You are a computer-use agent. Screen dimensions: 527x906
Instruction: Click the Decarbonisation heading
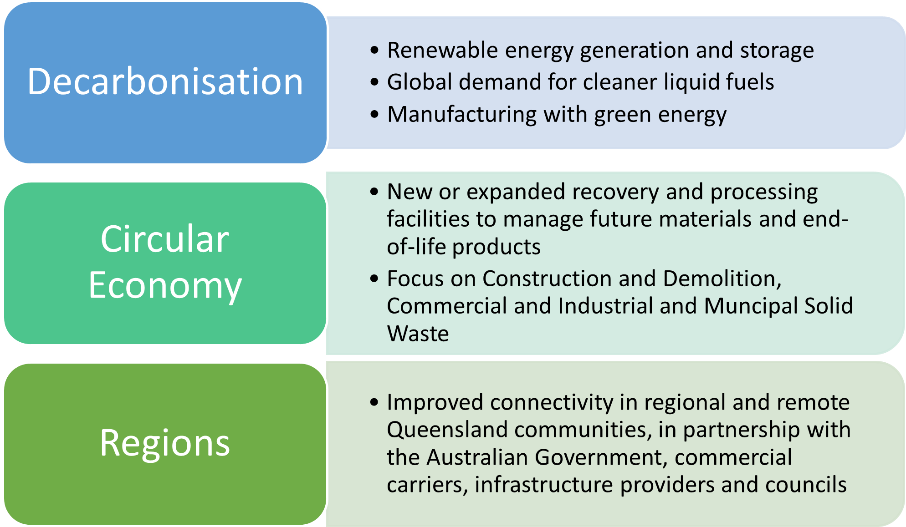pos(165,81)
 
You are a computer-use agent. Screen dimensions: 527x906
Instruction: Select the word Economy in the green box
pos(165,285)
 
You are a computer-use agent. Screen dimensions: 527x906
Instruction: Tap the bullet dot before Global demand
pos(374,82)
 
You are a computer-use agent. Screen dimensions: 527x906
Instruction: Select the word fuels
pos(750,82)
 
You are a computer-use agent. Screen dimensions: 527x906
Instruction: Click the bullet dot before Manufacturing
pos(374,114)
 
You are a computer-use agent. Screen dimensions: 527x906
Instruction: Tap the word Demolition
pos(722,279)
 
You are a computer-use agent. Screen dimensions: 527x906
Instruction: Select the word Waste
pos(418,334)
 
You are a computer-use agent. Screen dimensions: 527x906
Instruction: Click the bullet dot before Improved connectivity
pos(374,402)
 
